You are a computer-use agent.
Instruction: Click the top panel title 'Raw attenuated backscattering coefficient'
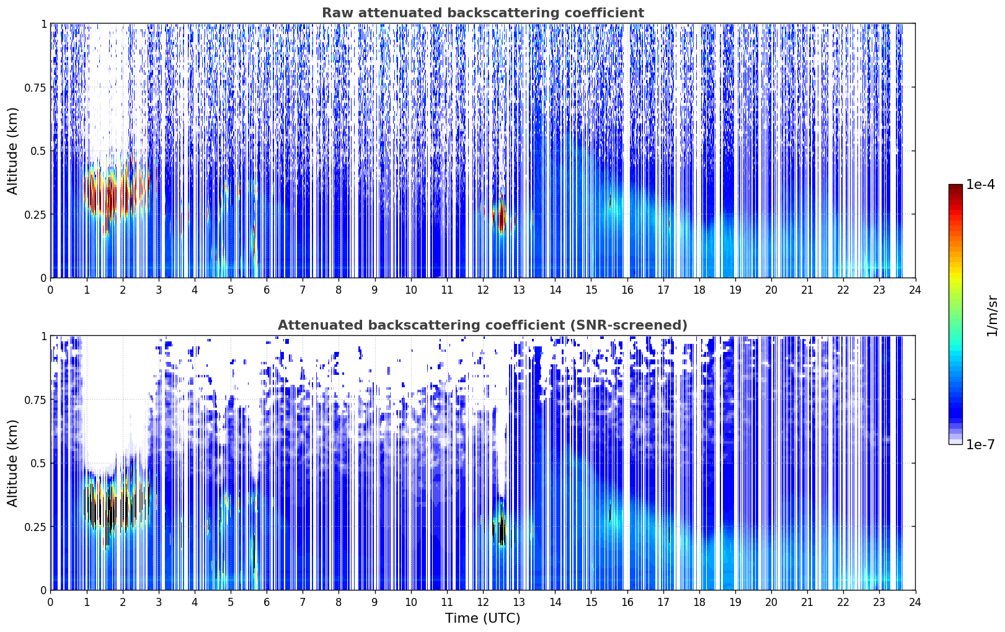(483, 13)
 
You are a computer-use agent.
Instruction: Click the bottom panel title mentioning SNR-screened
(483, 325)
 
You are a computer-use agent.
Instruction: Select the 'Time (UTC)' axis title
(483, 618)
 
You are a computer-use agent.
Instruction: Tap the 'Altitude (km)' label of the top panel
(12, 151)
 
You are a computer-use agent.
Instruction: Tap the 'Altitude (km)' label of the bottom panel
(12, 463)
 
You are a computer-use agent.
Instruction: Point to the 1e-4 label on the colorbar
(980, 184)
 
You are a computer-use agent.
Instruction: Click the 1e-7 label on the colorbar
(980, 445)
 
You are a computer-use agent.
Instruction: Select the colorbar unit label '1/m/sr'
(991, 315)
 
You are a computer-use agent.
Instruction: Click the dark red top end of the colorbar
(955, 187)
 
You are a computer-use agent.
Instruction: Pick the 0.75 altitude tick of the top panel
(35, 87)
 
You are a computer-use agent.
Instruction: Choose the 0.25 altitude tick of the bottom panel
(35, 527)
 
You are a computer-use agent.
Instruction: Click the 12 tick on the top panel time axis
(483, 290)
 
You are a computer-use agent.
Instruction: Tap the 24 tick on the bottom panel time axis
(915, 602)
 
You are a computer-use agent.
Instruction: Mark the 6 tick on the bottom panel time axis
(267, 602)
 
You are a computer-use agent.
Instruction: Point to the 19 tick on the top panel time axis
(735, 290)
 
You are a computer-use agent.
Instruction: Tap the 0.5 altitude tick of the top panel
(39, 151)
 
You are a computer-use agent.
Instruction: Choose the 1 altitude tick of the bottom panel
(43, 336)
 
